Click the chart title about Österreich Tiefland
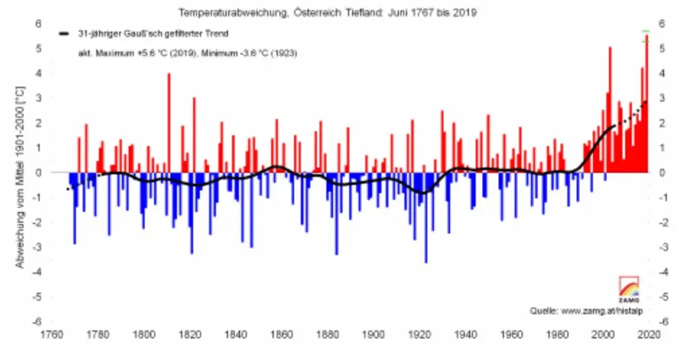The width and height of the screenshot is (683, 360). coord(327,12)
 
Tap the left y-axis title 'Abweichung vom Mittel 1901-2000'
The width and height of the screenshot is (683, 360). coord(21,176)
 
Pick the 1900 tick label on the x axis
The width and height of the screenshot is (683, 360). coord(373,333)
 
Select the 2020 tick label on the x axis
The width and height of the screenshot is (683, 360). coord(649,333)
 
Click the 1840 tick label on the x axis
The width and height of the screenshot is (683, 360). coord(236,333)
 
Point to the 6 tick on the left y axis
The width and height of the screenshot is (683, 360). coord(39,24)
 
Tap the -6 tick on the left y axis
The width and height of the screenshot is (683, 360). coord(38,322)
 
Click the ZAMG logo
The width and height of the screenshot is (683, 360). coord(628,288)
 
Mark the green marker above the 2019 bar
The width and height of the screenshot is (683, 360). coord(646,32)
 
